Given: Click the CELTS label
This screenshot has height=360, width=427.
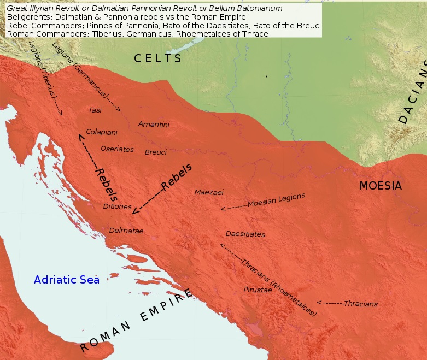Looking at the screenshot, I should (x=158, y=58).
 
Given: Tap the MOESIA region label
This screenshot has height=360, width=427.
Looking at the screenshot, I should (x=380, y=186).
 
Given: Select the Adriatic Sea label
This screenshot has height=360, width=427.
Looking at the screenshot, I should (x=67, y=280).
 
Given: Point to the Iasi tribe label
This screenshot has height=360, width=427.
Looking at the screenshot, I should (x=95, y=110).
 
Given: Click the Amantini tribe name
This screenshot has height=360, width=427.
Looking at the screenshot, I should (x=154, y=125).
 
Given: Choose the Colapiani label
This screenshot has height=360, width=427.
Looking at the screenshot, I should (x=102, y=132).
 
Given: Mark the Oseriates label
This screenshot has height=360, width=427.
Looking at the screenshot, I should (x=117, y=149).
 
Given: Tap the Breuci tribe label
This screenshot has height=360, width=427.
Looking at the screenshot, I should (x=155, y=152).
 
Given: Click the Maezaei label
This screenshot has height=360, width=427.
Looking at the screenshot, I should (x=209, y=192).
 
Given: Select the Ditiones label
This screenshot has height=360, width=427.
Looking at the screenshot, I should (x=117, y=206).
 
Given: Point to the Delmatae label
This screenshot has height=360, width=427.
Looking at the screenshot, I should (x=126, y=231).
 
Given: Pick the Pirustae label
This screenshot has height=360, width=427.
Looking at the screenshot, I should (x=258, y=290).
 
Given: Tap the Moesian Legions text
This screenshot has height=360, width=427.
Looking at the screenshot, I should (x=276, y=200).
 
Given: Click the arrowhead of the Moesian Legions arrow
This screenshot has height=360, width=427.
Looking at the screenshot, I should (x=222, y=209).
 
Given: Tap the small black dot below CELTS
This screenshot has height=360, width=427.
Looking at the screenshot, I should (x=266, y=76).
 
